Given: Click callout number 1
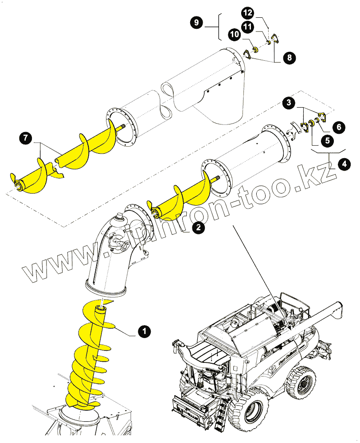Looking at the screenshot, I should point(143,330).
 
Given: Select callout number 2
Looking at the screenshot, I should point(198,228).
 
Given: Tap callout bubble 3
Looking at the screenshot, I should point(289,103).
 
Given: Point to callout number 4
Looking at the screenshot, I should point(343,164).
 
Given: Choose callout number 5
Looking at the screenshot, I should point(327,141).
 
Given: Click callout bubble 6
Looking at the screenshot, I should point(338,127).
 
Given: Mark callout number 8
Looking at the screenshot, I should point(289,57).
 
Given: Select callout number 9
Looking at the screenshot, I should point(196,23).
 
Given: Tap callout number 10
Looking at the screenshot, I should point(235,34).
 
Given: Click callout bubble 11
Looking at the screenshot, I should point(247,27).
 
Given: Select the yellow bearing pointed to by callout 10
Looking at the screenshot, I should point(255,49).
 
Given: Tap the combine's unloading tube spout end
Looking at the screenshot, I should point(338,309).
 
